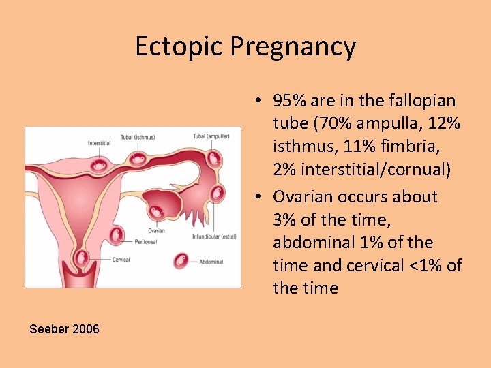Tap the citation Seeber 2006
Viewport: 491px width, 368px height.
[64, 329]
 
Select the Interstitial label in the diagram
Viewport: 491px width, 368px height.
[99, 143]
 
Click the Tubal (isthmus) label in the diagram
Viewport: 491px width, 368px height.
[138, 136]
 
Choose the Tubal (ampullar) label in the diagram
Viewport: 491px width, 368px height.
[211, 136]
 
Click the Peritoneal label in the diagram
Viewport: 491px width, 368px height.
[145, 241]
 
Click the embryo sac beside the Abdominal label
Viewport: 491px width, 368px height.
[181, 260]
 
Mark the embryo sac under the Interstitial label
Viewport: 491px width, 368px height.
[100, 164]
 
